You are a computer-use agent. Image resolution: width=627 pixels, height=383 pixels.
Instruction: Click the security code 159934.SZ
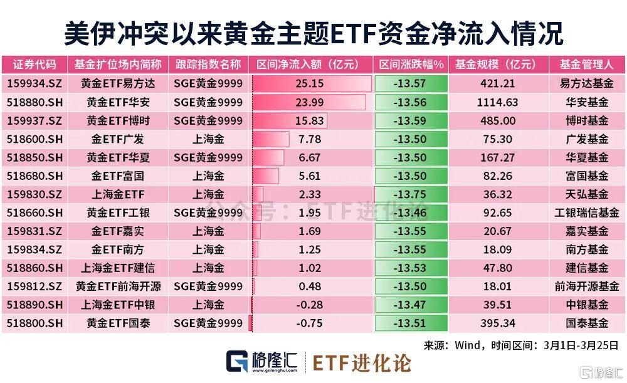34,83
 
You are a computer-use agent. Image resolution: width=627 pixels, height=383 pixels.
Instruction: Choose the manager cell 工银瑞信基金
587,213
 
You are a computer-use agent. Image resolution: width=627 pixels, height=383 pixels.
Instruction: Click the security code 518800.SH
34,323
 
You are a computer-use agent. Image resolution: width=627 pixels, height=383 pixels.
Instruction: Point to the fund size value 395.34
495,323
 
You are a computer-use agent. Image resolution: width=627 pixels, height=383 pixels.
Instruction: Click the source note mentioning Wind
520,345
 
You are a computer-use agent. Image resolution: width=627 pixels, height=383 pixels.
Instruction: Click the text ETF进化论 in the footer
362,363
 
